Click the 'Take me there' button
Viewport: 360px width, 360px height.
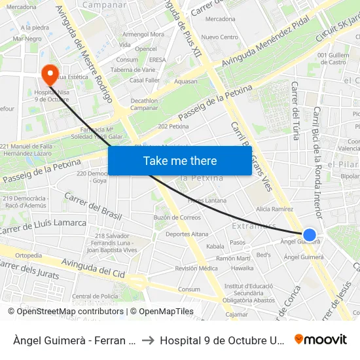click(180, 160)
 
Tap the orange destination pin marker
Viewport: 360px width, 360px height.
click(49, 74)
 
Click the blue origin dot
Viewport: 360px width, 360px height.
click(310, 235)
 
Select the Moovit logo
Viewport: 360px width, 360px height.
click(321, 339)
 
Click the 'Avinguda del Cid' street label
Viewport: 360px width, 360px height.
click(89, 268)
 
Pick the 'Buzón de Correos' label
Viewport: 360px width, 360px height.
click(177, 217)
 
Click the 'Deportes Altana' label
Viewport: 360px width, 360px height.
click(187, 234)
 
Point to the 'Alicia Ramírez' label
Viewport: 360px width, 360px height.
click(274, 208)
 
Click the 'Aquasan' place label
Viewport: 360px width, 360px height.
click(186, 81)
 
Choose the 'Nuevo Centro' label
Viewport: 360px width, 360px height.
click(219, 37)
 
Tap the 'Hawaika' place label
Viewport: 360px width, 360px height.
click(242, 268)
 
